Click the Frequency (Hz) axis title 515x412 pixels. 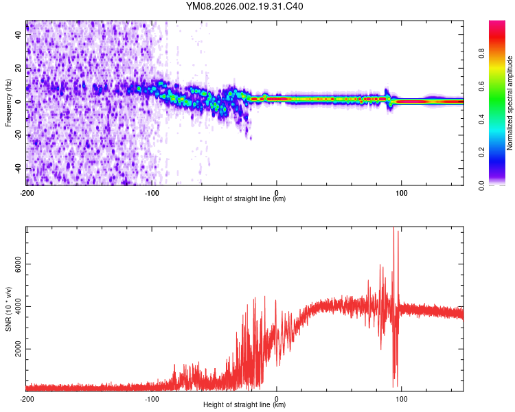[8, 103]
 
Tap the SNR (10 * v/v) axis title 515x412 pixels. [8, 309]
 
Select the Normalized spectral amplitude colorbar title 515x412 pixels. [510, 103]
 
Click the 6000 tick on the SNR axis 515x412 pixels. [15, 264]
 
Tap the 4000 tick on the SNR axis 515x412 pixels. [15, 307]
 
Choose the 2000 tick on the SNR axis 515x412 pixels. [15, 350]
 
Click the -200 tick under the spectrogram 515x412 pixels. [26, 192]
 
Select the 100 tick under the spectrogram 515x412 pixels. [401, 192]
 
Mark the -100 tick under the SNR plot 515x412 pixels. [151, 398]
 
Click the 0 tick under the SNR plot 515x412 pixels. [277, 398]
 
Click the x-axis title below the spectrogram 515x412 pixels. [244, 199]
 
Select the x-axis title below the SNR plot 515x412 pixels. [244, 405]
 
